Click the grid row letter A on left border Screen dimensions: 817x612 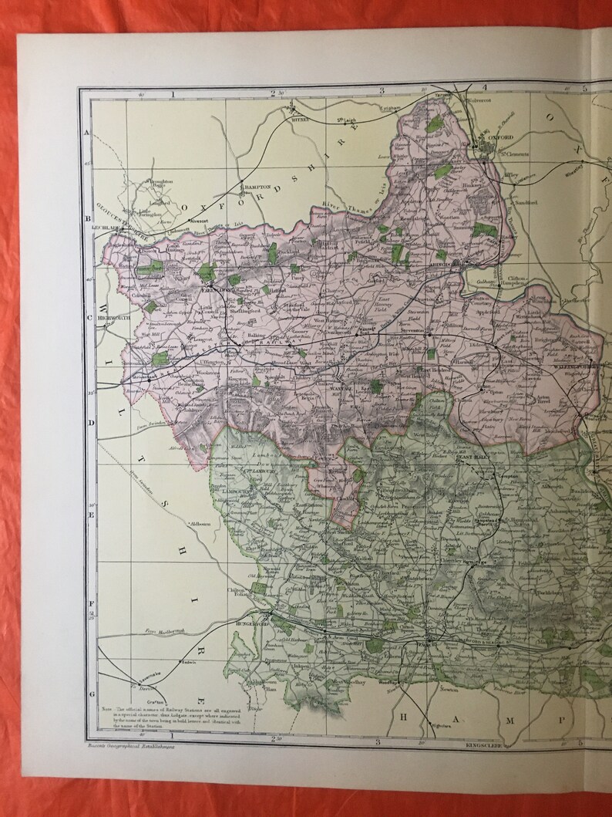(87, 133)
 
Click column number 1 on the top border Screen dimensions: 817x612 (173, 93)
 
